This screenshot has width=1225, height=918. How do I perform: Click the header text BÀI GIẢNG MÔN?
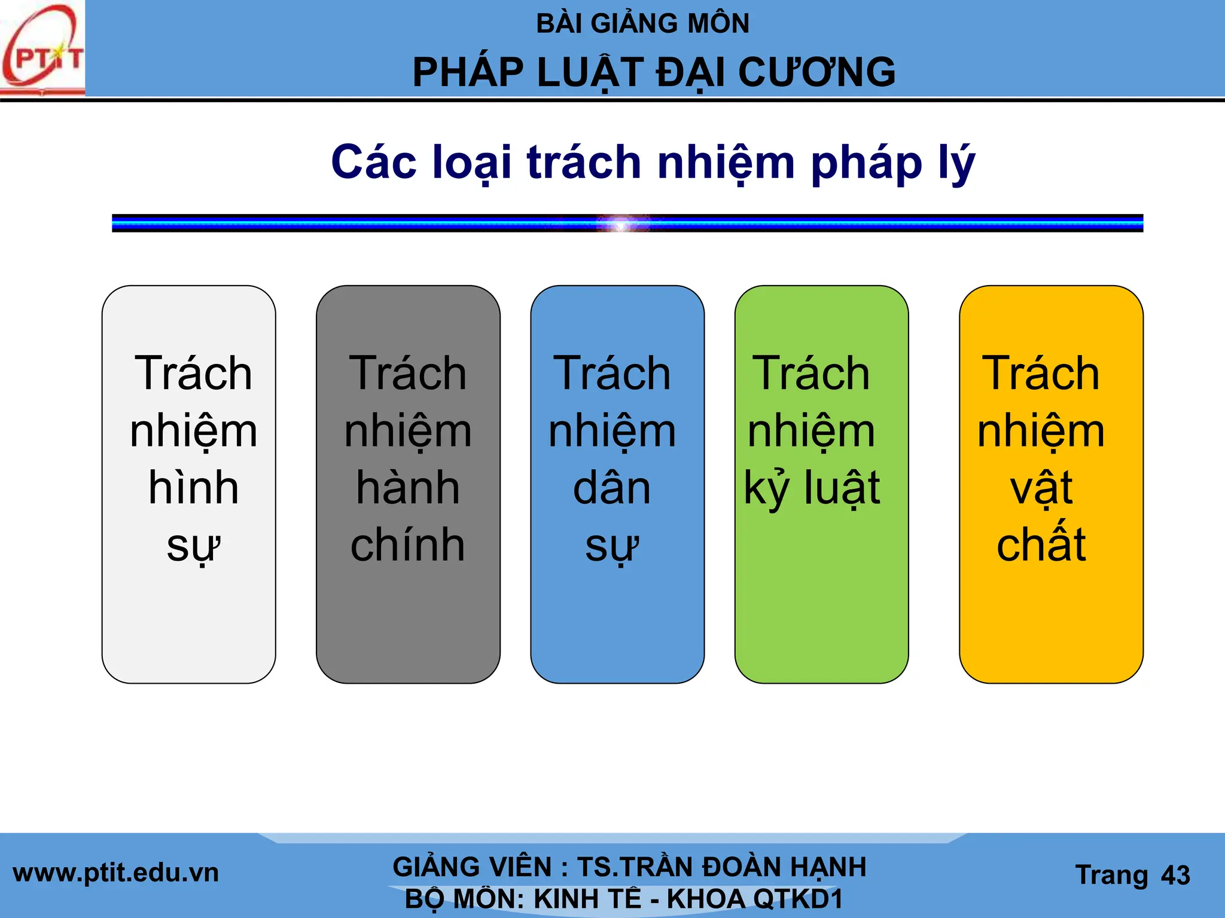[642, 24]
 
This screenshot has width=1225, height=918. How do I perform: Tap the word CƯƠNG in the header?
[817, 72]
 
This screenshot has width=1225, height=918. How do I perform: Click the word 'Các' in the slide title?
[374, 162]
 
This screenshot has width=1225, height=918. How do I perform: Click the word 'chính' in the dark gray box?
[408, 544]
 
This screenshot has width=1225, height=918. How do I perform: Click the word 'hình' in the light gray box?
[193, 487]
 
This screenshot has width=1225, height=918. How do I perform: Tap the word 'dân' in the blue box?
[611, 487]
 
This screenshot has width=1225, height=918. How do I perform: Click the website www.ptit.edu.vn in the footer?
[115, 873]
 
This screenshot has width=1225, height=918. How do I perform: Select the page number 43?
[1175, 876]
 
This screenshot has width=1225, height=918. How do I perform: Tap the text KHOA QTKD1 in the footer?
[754, 899]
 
